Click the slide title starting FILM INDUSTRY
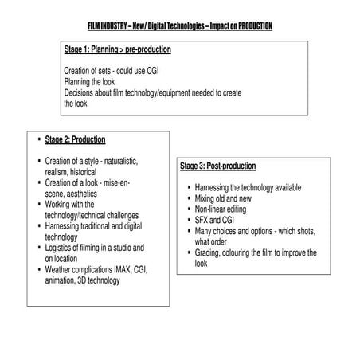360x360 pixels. [180, 26]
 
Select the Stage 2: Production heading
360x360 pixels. [76, 139]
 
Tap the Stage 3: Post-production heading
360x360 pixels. [217, 166]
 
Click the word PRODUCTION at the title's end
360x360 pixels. [252, 26]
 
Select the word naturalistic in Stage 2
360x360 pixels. [118, 161]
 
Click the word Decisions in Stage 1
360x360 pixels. [80, 92]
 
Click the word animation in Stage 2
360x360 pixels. [65, 281]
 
